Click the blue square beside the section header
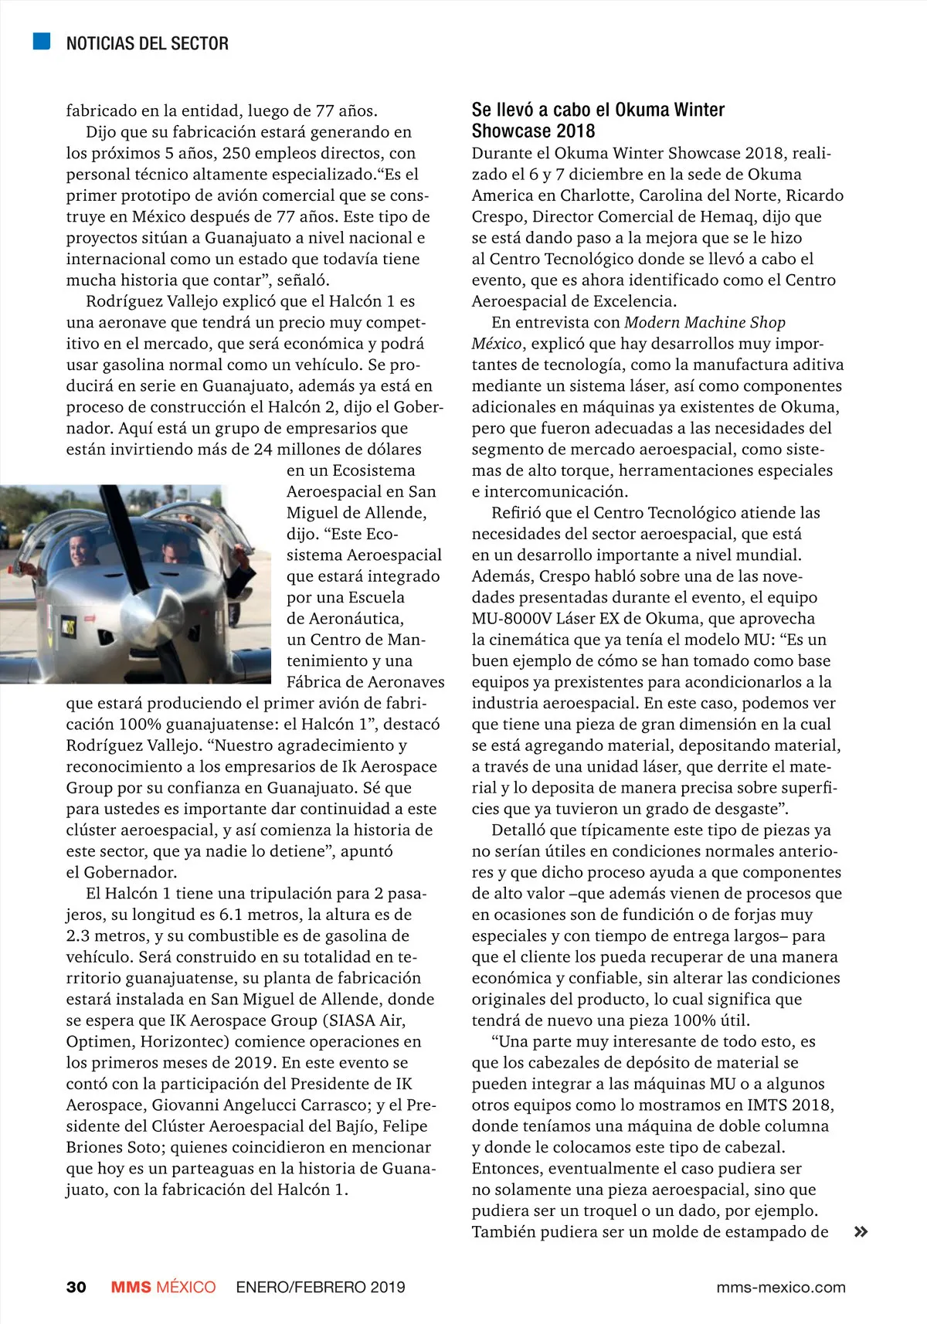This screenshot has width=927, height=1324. pos(42,42)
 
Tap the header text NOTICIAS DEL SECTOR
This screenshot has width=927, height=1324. pos(147,43)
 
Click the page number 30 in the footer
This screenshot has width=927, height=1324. pos(76,1287)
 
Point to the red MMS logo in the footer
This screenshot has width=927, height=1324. pos(131,1287)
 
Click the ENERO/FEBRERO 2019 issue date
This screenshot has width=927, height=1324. pos(321,1287)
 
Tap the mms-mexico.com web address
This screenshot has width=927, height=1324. pos(780,1287)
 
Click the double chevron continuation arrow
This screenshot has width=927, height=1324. pos(861,1232)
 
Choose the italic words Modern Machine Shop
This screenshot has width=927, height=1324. pos(705,322)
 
